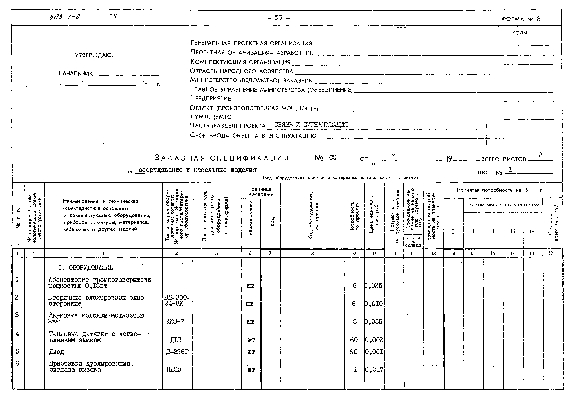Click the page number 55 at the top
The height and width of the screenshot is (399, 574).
(278, 18)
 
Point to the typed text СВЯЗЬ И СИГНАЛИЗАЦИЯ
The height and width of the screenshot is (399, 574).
(311, 125)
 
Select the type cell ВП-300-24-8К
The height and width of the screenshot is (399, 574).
(177, 300)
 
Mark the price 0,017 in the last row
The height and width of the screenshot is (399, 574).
(374, 369)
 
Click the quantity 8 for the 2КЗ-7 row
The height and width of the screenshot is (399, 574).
(354, 321)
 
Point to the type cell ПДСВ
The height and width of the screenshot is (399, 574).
(174, 369)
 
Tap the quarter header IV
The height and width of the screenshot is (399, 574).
(532, 231)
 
